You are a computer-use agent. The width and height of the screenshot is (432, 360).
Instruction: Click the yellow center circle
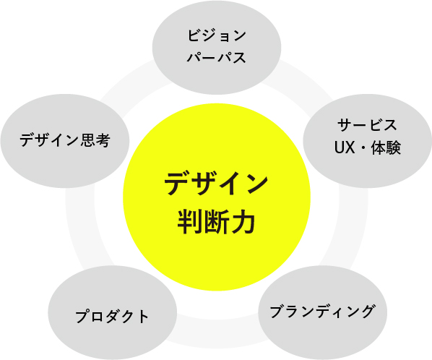217,197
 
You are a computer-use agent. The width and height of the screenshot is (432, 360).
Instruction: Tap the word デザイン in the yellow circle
216,184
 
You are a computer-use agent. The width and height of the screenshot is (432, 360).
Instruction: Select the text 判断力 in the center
216,222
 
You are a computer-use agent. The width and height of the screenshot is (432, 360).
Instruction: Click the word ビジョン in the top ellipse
217,35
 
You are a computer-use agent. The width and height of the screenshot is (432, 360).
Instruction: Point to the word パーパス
217,57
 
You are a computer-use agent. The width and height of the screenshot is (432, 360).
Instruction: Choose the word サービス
367,125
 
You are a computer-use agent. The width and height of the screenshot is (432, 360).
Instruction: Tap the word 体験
386,147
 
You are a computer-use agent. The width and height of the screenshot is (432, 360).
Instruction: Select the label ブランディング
322,312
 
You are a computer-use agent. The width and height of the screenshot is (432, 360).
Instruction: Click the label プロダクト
112,316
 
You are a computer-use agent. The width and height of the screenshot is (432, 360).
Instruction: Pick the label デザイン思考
65,140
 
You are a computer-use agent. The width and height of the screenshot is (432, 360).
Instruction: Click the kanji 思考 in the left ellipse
95,140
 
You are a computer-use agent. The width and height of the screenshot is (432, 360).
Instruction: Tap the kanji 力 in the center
243,222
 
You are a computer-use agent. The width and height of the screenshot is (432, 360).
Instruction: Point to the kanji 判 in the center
190,222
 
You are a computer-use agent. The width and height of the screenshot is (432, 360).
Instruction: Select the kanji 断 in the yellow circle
217,222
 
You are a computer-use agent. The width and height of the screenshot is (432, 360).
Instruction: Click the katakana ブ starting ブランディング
277,312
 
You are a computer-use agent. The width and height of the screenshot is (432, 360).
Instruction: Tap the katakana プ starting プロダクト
83,316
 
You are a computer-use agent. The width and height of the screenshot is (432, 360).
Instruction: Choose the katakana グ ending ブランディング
367,312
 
